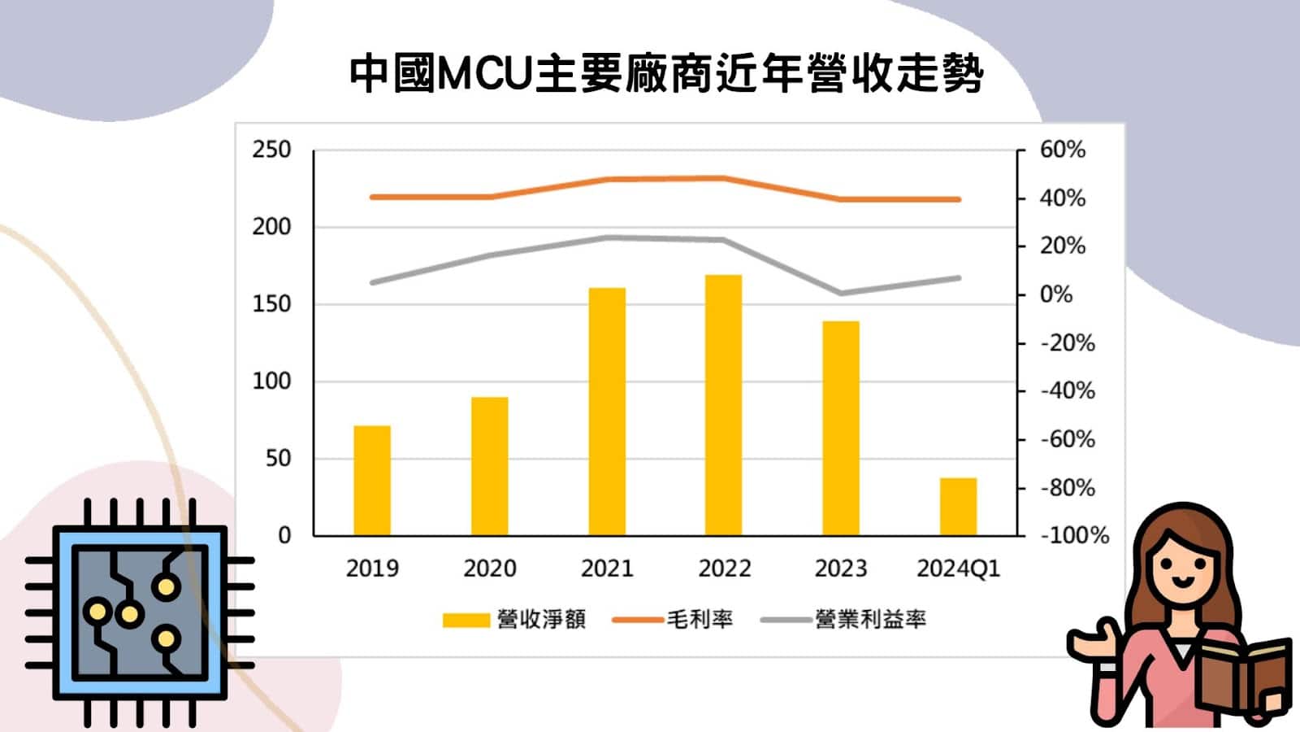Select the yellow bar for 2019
(x=372, y=480)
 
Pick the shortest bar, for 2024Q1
(x=958, y=507)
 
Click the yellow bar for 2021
(x=607, y=412)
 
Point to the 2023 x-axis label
(x=841, y=569)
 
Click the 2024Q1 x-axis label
(x=958, y=569)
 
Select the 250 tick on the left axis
(x=271, y=150)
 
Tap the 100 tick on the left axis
(x=271, y=381)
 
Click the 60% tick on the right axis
(x=1063, y=150)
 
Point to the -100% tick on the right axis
(x=1074, y=535)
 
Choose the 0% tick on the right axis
(x=1056, y=294)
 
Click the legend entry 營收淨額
(x=540, y=620)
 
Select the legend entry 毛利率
(x=700, y=620)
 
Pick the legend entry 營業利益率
(x=870, y=620)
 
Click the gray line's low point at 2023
(x=841, y=294)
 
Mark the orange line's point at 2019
(x=372, y=197)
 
